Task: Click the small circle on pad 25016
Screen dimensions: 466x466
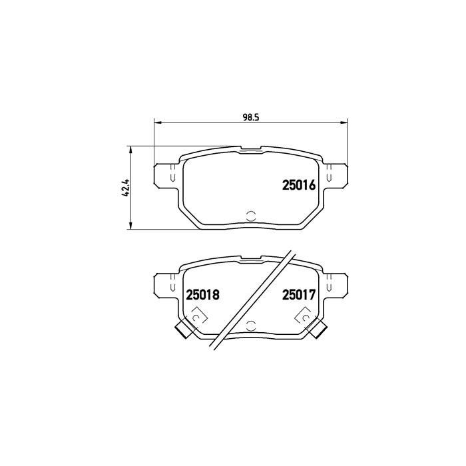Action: pos(251,215)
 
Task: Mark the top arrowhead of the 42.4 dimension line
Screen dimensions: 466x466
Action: pos(130,149)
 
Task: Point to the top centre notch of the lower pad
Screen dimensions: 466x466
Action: pos(251,258)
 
